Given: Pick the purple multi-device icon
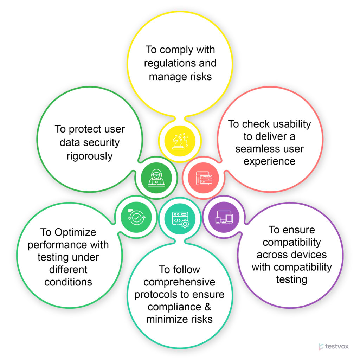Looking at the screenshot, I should pyautogui.click(x=224, y=217).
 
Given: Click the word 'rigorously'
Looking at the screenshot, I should pyautogui.click(x=90, y=156).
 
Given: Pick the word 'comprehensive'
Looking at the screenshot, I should pyautogui.click(x=180, y=282).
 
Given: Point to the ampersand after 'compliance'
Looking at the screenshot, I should pyautogui.click(x=208, y=307).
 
